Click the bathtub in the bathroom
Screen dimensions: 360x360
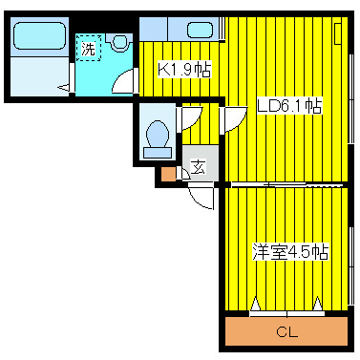[x=39, y=35]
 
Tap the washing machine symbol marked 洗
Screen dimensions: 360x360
[x=89, y=48]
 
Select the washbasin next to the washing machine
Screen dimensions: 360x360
[x=119, y=42]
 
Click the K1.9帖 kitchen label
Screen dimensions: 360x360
[x=184, y=70]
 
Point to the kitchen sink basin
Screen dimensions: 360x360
[x=200, y=31]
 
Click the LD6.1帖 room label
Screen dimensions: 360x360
[x=289, y=106]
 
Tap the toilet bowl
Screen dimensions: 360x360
[x=158, y=134]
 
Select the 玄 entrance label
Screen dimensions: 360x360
[x=198, y=167]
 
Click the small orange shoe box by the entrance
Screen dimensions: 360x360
[x=168, y=174]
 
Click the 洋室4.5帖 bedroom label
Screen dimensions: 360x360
[x=290, y=252]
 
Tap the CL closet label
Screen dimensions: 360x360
[x=286, y=332]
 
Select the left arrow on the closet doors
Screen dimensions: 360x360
[x=256, y=304]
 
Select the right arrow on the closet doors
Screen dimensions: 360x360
[x=317, y=304]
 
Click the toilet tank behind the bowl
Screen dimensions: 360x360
[x=159, y=153]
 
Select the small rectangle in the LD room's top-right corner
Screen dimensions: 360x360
[x=338, y=33]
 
